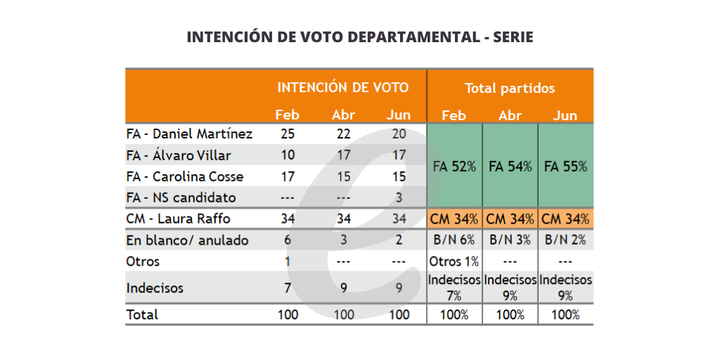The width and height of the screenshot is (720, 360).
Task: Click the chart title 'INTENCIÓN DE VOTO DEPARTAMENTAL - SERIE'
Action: click(359, 37)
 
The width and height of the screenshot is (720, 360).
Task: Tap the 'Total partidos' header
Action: click(509, 89)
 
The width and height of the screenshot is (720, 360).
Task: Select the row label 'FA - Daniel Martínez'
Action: click(189, 134)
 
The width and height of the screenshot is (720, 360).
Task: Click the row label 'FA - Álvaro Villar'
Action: click(179, 155)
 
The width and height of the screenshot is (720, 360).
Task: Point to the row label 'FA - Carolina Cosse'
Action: click(184, 176)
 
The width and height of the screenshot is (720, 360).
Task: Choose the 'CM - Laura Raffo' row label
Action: click(178, 219)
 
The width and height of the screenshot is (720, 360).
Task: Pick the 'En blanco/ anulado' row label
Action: click(187, 240)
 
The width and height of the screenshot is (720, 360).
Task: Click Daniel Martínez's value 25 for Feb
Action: click(287, 134)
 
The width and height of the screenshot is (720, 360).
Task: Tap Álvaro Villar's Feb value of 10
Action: click(287, 155)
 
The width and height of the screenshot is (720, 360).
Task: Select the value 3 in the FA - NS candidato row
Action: click(399, 198)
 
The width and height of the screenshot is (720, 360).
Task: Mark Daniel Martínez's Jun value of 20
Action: click(399, 134)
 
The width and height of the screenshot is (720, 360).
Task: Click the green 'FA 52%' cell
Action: click(454, 167)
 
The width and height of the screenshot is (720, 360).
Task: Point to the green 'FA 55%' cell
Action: click(565, 167)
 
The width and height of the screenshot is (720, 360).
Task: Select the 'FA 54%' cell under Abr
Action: click(510, 167)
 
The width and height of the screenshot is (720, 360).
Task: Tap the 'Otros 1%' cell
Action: click(454, 262)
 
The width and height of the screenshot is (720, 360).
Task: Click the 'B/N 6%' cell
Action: click(454, 240)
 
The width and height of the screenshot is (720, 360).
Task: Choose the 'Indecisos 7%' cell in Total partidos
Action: click(454, 288)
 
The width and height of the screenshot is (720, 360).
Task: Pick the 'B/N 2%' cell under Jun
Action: click(565, 240)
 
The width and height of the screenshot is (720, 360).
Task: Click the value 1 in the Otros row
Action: click(287, 262)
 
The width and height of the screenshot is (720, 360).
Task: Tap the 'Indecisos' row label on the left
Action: click(155, 288)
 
